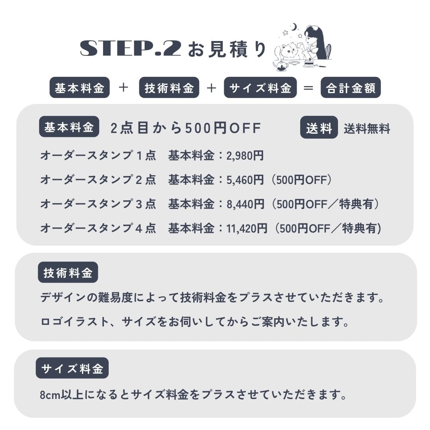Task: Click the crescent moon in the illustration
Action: [x=294, y=27]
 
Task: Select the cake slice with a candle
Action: [x=309, y=62]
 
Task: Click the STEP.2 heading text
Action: [x=131, y=49]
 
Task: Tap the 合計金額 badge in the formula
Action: [x=350, y=88]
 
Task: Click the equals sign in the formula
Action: [x=309, y=88]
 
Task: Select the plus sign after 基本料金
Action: [x=124, y=88]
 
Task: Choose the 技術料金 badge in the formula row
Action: [x=169, y=88]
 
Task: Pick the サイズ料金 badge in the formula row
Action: [x=260, y=88]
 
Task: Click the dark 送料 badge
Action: [x=319, y=128]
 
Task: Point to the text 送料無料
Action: [x=367, y=129]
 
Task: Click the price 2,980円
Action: [x=245, y=156]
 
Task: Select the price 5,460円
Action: [x=245, y=180]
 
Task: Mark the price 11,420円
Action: [x=247, y=229]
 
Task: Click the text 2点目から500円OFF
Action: [x=186, y=128]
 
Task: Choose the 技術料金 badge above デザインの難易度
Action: [x=68, y=273]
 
